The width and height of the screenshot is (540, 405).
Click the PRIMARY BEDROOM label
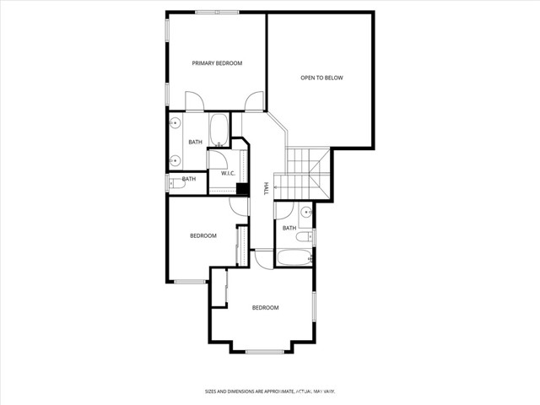217,63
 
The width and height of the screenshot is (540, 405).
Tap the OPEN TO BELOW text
322,78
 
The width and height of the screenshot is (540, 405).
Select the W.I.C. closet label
228,174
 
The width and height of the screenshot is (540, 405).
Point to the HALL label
266,189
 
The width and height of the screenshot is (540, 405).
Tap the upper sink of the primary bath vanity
175,124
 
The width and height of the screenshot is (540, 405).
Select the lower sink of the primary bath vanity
175,159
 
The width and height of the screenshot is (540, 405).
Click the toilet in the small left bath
174,181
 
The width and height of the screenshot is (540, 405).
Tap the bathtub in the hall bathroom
294,257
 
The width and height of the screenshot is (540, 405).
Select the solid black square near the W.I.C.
241,189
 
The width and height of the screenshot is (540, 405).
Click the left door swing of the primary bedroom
194,102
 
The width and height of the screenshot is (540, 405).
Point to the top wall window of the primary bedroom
217,12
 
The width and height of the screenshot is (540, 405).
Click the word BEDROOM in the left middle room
202,235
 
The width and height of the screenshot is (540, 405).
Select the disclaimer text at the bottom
270,391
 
